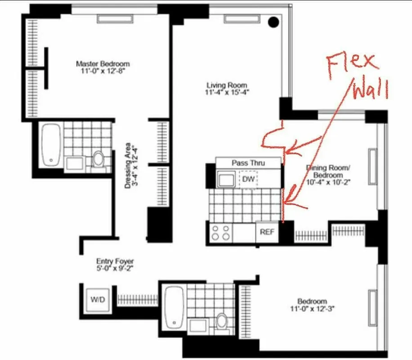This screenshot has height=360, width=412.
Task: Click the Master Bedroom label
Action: coord(103,63)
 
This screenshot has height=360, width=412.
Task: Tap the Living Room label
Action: coord(227,85)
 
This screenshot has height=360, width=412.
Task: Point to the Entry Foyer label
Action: coord(115,261)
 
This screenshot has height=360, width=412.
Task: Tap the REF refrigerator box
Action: coord(267,233)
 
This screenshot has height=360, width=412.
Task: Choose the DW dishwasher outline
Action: coord(248,180)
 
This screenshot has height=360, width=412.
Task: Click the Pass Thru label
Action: coord(248,163)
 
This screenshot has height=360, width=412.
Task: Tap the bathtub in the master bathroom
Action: coord(51,143)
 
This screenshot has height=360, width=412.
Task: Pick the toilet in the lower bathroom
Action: coord(222,321)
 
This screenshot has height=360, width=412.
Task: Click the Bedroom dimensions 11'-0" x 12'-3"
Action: coord(312,309)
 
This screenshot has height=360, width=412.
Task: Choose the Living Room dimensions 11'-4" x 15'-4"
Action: coord(228,92)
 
